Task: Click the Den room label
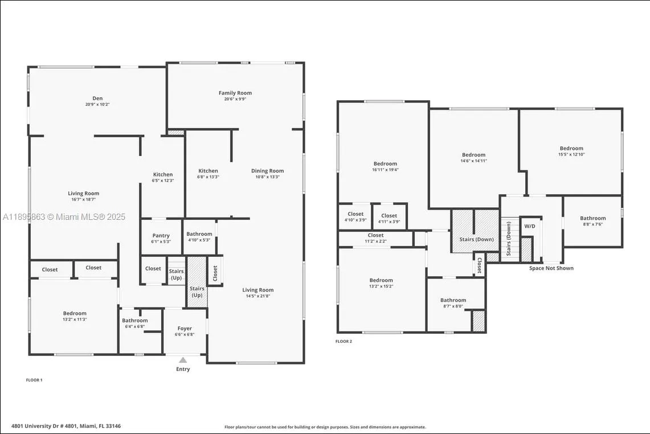coord(97,99)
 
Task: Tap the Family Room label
coord(235,93)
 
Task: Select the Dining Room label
coord(267,171)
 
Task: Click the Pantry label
coord(161,236)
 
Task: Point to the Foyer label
coord(185,329)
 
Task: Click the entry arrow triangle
coord(183,360)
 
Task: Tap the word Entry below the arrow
coord(183,369)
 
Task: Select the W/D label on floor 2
coord(530,226)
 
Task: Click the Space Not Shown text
coord(551,268)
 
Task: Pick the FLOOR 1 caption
coord(34,380)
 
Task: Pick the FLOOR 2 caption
coord(344,341)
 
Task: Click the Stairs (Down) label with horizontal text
coord(476,239)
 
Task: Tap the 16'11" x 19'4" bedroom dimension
coord(385,170)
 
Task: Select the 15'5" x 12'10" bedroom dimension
coord(571,154)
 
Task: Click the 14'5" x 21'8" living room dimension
coord(258,296)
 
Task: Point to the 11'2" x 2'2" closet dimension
coord(375,241)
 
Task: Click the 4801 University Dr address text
coord(66,426)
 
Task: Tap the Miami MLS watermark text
coord(64,217)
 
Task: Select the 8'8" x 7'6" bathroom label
coord(593,224)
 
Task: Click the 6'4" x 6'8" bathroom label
coord(134,326)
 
